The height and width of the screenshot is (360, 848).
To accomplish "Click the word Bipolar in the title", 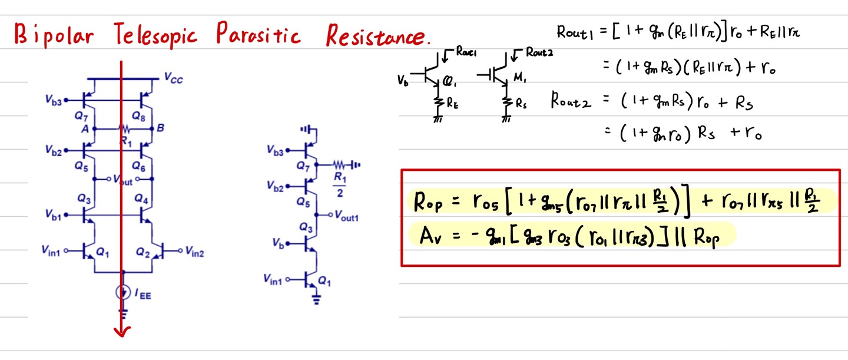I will (54, 37).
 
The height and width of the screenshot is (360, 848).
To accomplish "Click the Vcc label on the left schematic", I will (173, 77).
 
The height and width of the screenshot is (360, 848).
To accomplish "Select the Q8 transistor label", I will (139, 116).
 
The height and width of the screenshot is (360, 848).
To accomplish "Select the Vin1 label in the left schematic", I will (51, 251).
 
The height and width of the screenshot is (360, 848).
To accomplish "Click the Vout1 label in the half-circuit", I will (346, 216).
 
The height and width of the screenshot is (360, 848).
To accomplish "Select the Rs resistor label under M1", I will (522, 104).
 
